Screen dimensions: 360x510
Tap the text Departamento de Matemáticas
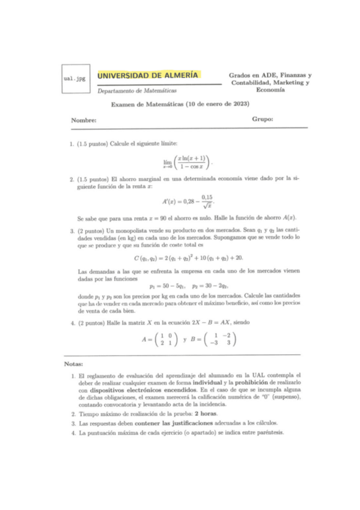[137, 91]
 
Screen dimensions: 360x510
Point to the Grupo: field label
[263, 119]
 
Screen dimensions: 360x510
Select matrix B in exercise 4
[212, 340]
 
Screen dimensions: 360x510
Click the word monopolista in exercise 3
[126, 231]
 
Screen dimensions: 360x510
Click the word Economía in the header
[266, 89]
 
